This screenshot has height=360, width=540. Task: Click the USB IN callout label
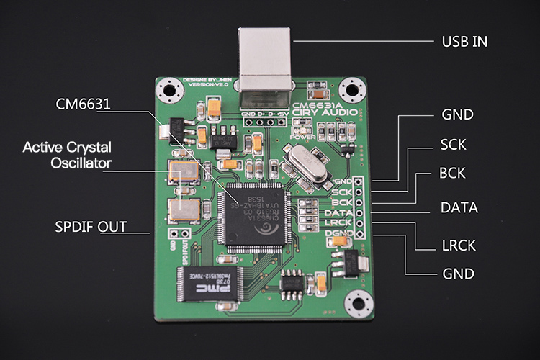pos(464,41)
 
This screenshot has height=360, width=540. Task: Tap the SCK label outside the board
pos(454,145)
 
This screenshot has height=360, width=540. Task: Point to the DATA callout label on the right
pos(459,207)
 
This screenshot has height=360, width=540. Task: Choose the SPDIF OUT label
pos(91,228)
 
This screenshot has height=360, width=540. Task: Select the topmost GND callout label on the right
pos(457,114)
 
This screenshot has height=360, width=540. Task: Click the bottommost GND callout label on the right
pos(458,274)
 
